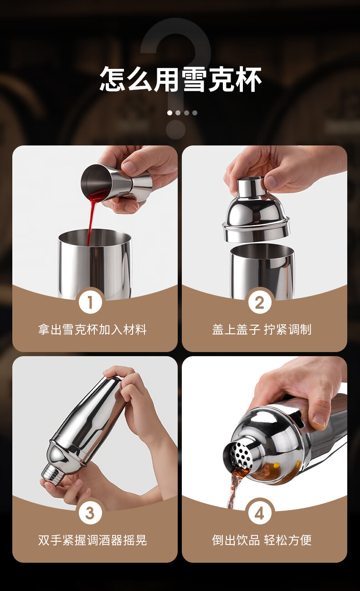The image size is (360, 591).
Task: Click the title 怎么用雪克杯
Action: click(180, 79)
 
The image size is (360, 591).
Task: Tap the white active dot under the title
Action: click(170, 113)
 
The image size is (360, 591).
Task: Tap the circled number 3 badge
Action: click(90, 513)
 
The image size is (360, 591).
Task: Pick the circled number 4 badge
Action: click(260, 513)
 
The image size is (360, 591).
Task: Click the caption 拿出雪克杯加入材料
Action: click(93, 330)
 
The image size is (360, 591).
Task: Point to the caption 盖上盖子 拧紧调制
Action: click(262, 330)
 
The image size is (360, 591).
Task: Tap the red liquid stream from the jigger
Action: click(92, 214)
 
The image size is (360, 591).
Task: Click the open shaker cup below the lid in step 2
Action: click(262, 272)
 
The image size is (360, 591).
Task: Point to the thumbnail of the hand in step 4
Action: click(319, 420)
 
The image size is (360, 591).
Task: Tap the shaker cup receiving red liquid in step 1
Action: click(95, 264)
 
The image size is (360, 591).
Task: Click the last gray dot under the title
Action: click(195, 113)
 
